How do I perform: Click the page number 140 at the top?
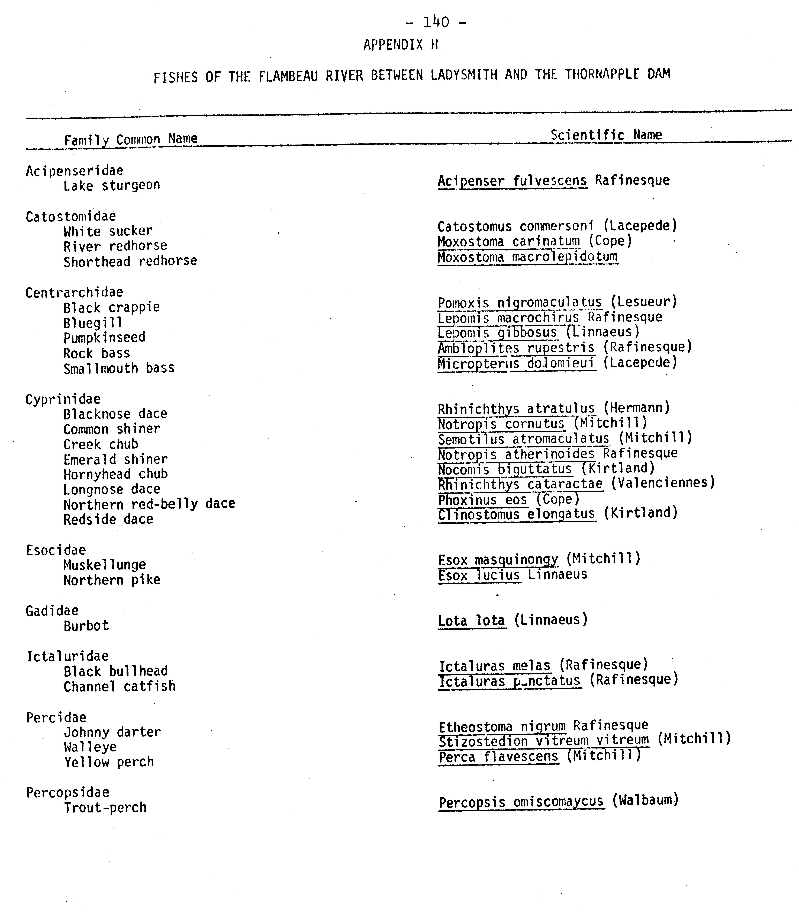436,21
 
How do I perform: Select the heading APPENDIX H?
400,45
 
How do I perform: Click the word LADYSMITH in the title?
464,75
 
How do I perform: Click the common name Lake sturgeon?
111,185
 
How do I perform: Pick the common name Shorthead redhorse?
130,261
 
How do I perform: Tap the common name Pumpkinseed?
104,338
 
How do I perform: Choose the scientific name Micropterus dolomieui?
516,364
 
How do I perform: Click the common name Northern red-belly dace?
149,504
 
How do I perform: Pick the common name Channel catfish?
120,686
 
